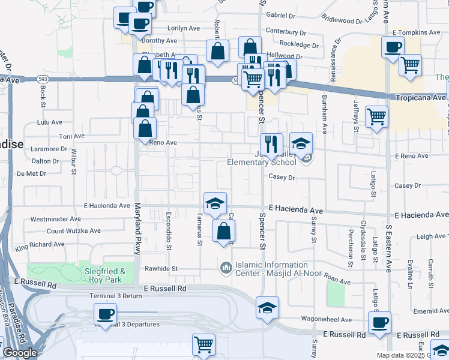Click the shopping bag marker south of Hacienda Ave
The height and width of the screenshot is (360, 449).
click(223, 230)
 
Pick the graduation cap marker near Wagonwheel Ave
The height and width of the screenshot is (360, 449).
click(267, 308)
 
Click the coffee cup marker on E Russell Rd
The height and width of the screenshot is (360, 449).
click(379, 323)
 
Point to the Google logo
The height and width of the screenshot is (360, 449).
click(20, 353)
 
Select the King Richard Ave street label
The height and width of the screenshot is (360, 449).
click(40, 245)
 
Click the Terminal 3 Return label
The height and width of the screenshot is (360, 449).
click(115, 296)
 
